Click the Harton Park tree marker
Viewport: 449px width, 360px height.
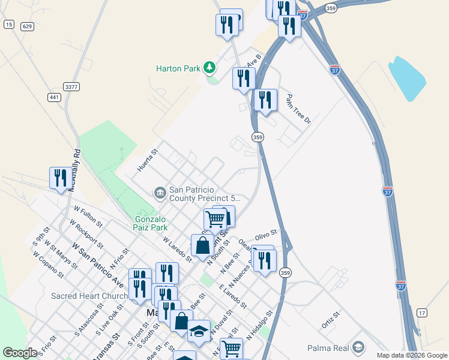[x=210, y=67]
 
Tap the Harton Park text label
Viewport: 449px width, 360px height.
[x=178, y=68]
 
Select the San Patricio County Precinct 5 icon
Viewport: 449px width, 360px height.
[x=160, y=192]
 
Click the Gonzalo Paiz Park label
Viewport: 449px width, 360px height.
[x=151, y=224]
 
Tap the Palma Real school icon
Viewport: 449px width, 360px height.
[x=358, y=347]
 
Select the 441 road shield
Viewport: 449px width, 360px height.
[x=55, y=97]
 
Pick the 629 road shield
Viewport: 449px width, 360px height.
[x=26, y=26]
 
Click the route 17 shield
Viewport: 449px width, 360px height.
[x=422, y=313]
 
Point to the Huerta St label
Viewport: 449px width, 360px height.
[x=147, y=160]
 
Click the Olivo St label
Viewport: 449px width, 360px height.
[x=266, y=233]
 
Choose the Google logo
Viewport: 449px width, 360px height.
[x=20, y=353]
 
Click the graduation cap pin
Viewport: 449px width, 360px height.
[x=199, y=331]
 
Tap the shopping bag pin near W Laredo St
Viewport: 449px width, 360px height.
[x=203, y=245]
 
